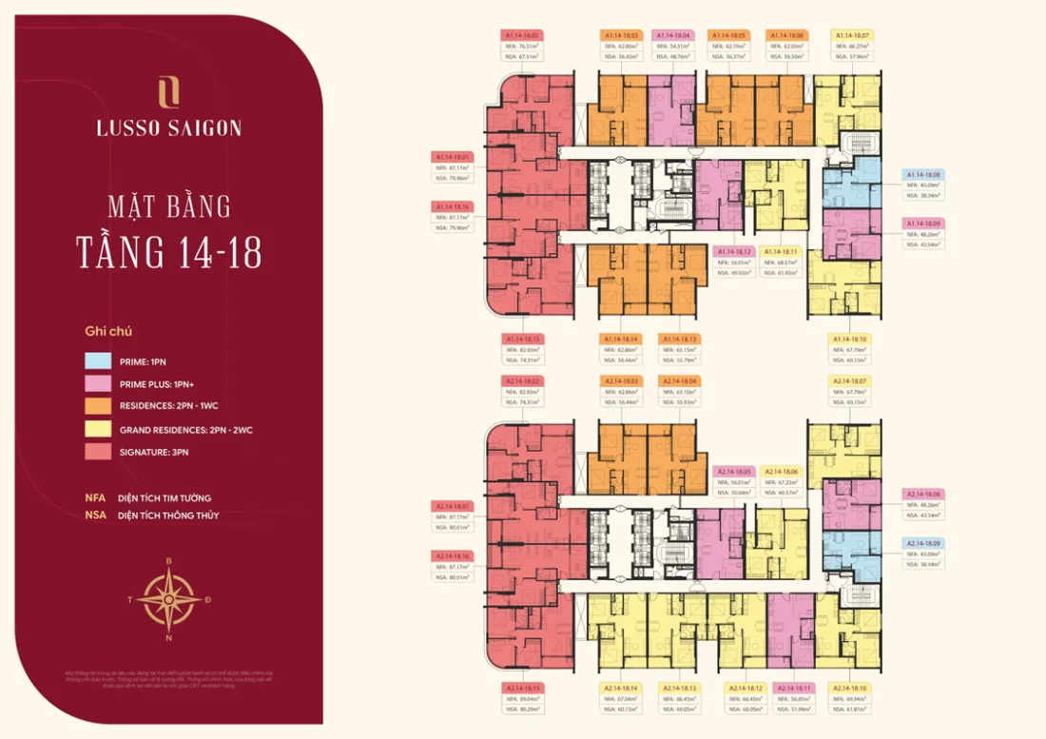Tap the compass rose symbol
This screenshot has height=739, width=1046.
[169, 598]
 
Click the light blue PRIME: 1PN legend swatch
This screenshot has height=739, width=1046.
[98, 361]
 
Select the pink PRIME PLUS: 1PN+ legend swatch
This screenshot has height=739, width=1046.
[98, 384]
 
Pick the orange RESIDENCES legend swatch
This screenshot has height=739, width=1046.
[98, 407]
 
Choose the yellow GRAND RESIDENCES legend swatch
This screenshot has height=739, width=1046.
[98, 430]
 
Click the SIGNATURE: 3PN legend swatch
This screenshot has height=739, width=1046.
[98, 452]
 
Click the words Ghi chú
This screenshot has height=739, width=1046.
[107, 332]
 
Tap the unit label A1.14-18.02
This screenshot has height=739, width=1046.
[521, 35]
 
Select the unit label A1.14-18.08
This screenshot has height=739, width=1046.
[922, 175]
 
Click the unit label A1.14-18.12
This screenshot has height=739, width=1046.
[733, 251]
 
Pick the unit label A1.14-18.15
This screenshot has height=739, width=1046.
[522, 339]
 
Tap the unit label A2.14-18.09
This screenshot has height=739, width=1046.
[922, 543]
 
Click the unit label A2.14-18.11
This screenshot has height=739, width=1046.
[795, 688]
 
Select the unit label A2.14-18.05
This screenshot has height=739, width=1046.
[733, 472]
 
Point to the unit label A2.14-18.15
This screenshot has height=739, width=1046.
[522, 688]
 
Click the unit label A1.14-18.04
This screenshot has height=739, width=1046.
[673, 35]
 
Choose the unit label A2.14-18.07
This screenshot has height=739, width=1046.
[453, 506]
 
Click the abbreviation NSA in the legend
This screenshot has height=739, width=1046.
[94, 515]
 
